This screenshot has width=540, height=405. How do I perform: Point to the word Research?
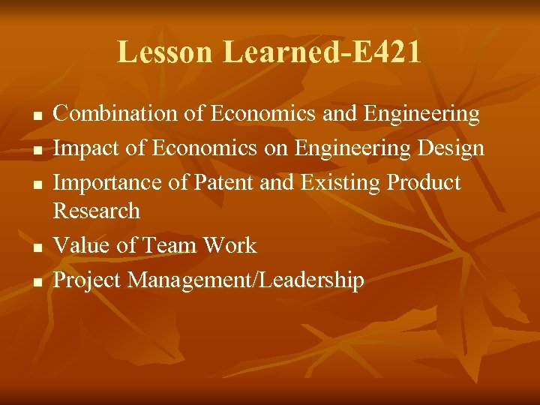point(97,211)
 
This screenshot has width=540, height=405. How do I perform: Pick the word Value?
point(79,245)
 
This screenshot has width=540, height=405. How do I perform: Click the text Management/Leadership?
point(246,280)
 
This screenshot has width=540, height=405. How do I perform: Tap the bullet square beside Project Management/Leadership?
point(35,283)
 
